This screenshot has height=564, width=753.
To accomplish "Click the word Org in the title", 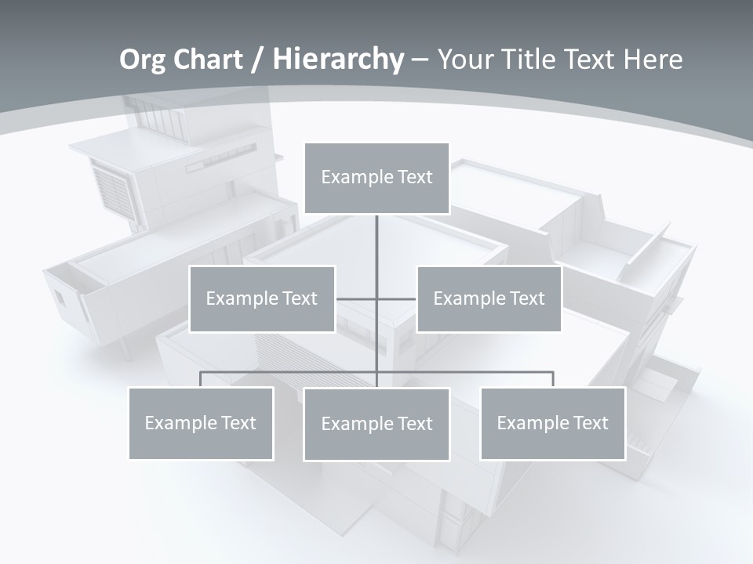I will (142, 60).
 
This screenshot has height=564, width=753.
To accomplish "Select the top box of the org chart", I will (376, 178).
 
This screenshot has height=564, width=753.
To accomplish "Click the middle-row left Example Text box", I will (262, 298).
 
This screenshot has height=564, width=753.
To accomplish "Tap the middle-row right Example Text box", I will (489, 298).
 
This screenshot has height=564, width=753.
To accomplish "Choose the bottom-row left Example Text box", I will (201, 423).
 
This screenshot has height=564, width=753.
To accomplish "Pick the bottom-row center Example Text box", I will (376, 424).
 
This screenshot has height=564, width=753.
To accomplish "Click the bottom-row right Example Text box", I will (552, 423).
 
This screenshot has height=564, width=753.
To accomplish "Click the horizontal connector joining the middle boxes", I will (396, 298).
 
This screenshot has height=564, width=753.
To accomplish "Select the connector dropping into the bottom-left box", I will (201, 379).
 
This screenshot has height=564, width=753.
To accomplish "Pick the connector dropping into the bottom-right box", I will (552, 379).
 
